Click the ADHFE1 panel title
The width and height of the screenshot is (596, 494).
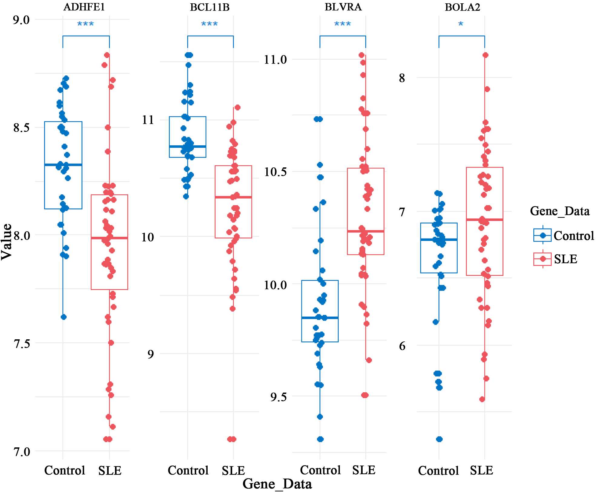84,7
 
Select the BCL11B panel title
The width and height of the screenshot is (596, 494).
209,7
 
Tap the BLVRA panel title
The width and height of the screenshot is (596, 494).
343,7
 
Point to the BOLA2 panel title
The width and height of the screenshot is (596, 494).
462,7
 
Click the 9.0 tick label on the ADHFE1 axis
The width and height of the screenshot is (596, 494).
21,20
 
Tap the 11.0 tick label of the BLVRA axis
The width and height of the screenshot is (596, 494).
275,60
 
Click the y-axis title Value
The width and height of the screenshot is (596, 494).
7,241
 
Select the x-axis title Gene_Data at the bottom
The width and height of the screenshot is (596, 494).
277,484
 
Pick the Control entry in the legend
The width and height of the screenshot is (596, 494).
574,235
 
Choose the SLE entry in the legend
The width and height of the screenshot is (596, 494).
565,259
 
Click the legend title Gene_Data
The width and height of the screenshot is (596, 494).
560,211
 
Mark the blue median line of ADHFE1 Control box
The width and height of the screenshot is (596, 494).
63,165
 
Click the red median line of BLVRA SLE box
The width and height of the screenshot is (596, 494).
366,231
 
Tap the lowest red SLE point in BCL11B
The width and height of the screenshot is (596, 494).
232,439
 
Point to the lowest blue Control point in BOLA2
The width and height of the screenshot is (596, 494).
439,439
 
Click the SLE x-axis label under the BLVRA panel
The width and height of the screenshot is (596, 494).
364,470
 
